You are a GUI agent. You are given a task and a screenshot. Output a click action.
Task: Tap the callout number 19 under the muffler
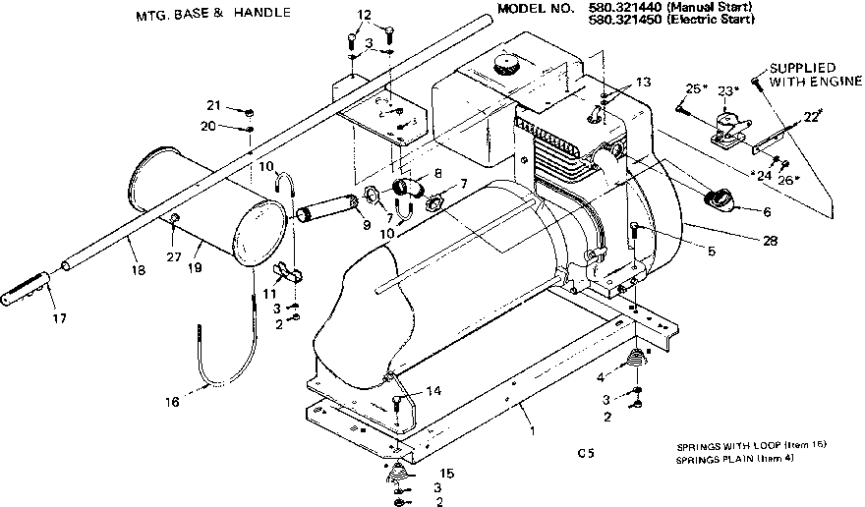coord(197,266)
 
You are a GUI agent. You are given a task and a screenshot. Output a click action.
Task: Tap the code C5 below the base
coord(587,453)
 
